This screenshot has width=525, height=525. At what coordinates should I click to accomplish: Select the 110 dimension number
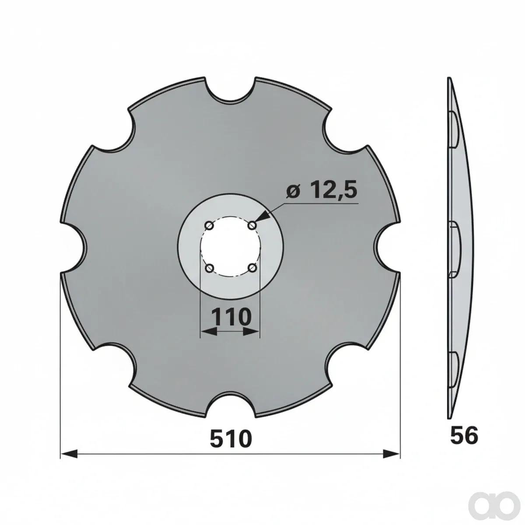[231, 317]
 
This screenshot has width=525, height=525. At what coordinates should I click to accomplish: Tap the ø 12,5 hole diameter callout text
[322, 189]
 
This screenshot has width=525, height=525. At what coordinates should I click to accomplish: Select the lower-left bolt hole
[210, 269]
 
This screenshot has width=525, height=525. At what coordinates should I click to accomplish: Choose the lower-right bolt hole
[252, 269]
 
